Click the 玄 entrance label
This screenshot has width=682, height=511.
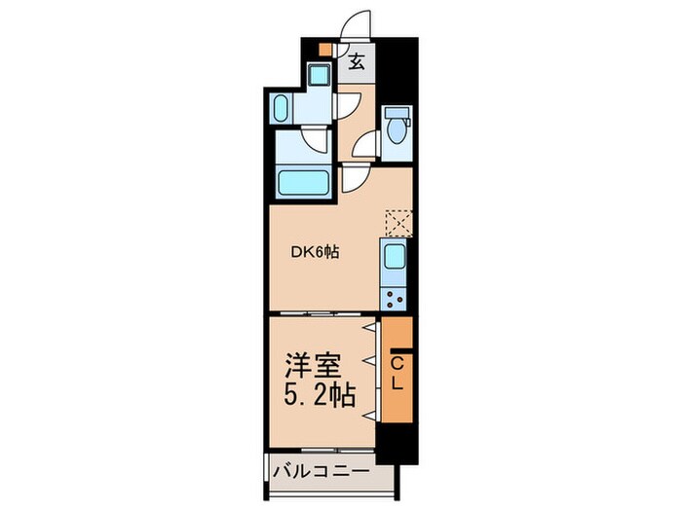click(x=357, y=63)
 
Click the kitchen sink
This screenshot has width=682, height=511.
click(x=395, y=259)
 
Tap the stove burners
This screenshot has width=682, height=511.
click(x=395, y=295)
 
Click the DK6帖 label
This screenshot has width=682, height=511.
click(x=315, y=252)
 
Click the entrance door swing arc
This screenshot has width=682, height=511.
click(x=356, y=24)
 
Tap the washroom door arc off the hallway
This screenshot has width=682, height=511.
click(x=345, y=105)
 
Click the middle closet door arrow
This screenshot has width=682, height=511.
click(x=370, y=362)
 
